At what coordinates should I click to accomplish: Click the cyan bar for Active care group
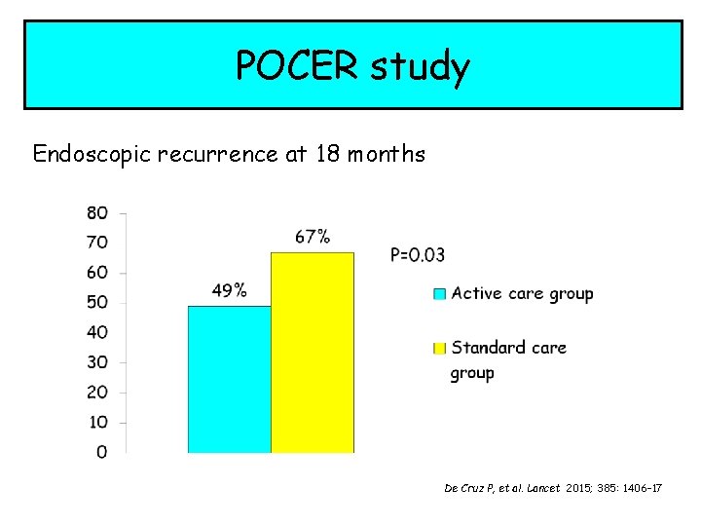(229, 379)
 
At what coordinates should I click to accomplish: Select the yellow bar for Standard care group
(312, 352)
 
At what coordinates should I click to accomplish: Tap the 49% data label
(230, 290)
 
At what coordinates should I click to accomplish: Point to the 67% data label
(313, 236)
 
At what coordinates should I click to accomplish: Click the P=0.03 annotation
(418, 255)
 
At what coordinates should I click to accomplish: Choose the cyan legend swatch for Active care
(440, 293)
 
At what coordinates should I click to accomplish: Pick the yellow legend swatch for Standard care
(440, 348)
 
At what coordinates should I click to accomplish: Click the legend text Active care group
(522, 293)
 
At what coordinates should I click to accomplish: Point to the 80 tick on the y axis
(97, 212)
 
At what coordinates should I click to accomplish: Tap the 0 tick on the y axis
(101, 452)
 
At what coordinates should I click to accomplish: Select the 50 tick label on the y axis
(97, 302)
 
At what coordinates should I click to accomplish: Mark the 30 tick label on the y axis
(97, 362)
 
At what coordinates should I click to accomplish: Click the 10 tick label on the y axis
(97, 422)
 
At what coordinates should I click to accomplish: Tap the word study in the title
(422, 66)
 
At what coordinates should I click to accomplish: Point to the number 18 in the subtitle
(325, 154)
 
